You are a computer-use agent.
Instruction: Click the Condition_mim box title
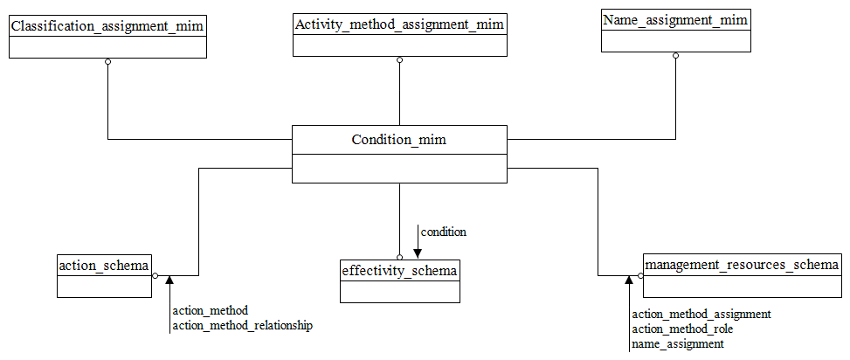pyautogui.click(x=398, y=140)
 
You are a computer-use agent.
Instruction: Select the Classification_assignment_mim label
pyautogui.click(x=107, y=26)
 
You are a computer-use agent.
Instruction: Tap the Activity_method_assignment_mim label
pyautogui.click(x=399, y=24)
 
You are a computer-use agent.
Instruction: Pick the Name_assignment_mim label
pyautogui.click(x=675, y=18)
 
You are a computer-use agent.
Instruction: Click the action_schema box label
pyautogui.click(x=105, y=265)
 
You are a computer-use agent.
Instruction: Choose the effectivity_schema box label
pyautogui.click(x=399, y=271)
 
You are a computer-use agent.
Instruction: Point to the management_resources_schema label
pyautogui.click(x=742, y=264)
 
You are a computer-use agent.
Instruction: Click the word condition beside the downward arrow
pyautogui.click(x=444, y=232)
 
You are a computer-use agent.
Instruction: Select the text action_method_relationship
pyautogui.click(x=242, y=325)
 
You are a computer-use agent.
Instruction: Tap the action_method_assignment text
pyautogui.click(x=701, y=314)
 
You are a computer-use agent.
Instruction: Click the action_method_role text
pyautogui.click(x=681, y=329)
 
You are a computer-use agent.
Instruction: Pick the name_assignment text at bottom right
pyautogui.click(x=677, y=344)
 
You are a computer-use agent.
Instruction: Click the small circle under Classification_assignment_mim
pyautogui.click(x=107, y=61)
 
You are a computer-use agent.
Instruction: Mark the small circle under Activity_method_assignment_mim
pyautogui.click(x=399, y=60)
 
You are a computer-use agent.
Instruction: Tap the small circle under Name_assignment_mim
pyautogui.click(x=675, y=55)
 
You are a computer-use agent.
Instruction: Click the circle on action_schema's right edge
pyautogui.click(x=155, y=275)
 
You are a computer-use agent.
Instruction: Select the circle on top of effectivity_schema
pyautogui.click(x=399, y=257)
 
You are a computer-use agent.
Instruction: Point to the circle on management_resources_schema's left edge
pyautogui.click(x=640, y=275)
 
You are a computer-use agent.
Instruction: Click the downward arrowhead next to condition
pyautogui.click(x=417, y=253)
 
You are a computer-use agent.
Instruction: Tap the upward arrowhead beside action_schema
pyautogui.click(x=169, y=280)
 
